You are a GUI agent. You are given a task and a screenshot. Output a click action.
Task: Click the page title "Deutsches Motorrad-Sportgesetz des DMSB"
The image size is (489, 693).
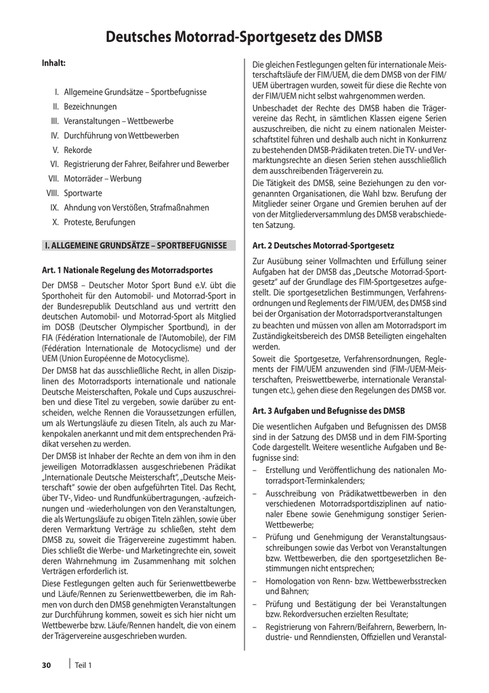pos(244,37)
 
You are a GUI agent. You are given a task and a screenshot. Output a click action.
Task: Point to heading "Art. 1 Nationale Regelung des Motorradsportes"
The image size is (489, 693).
pos(128,269)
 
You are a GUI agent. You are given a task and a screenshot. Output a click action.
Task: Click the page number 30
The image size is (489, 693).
pos(47,665)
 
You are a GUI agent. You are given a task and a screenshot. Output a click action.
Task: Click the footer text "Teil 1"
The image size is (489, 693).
pos(83,665)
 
